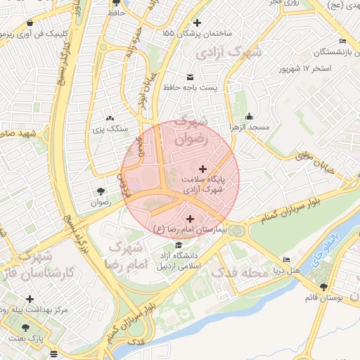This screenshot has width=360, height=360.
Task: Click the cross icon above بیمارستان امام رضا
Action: (x=190, y=219)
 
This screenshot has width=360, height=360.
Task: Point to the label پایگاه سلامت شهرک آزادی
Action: (x=203, y=184)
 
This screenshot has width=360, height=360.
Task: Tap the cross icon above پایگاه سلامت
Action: (x=203, y=169)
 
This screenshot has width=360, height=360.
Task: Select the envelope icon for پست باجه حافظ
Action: (x=190, y=77)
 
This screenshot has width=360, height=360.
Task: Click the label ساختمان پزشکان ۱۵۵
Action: (x=197, y=33)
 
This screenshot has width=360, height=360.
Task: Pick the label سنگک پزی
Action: (x=110, y=129)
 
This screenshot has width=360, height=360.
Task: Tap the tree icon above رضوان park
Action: (x=101, y=191)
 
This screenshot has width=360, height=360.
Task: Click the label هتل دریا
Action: (x=287, y=270)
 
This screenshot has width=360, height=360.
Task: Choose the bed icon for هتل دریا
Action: (x=287, y=259)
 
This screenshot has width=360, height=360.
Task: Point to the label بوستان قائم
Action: (x=323, y=297)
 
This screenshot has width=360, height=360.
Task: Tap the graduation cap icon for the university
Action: (x=179, y=245)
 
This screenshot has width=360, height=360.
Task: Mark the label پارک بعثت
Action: (x=26, y=338)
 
